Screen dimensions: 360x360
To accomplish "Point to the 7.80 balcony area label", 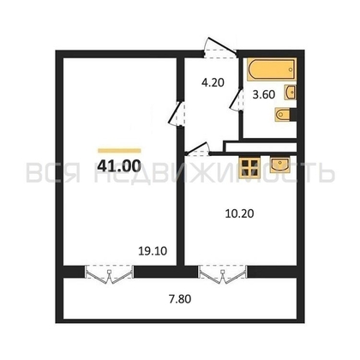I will coord(179,299).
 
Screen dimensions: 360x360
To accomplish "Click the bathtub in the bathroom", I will coord(267,66).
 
